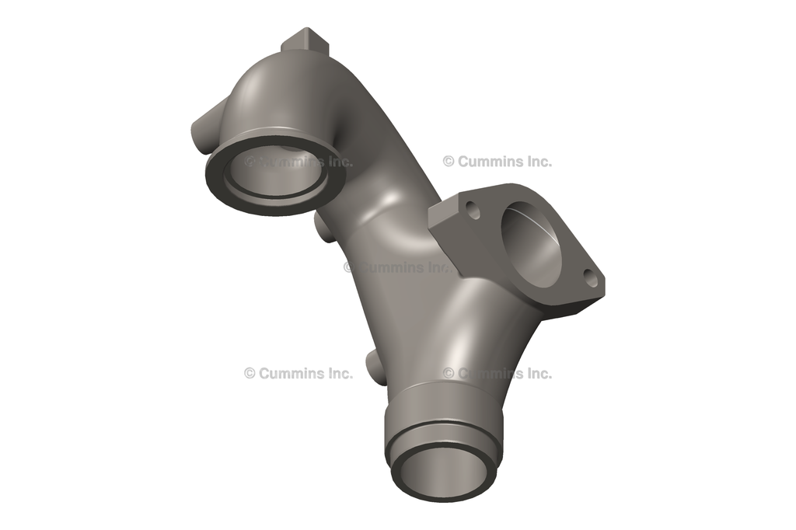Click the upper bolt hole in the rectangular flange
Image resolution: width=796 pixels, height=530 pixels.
473,207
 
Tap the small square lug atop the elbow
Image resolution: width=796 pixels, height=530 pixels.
305,40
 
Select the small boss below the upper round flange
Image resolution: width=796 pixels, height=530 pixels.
326,227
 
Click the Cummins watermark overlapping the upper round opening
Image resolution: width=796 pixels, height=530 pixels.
298,162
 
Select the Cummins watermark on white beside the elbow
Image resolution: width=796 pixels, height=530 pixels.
497,162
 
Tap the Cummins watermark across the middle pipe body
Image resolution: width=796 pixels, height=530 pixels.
396,267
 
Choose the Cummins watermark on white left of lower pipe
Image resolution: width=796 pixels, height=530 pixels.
298,373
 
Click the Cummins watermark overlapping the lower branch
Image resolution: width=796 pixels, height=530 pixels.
497,373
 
